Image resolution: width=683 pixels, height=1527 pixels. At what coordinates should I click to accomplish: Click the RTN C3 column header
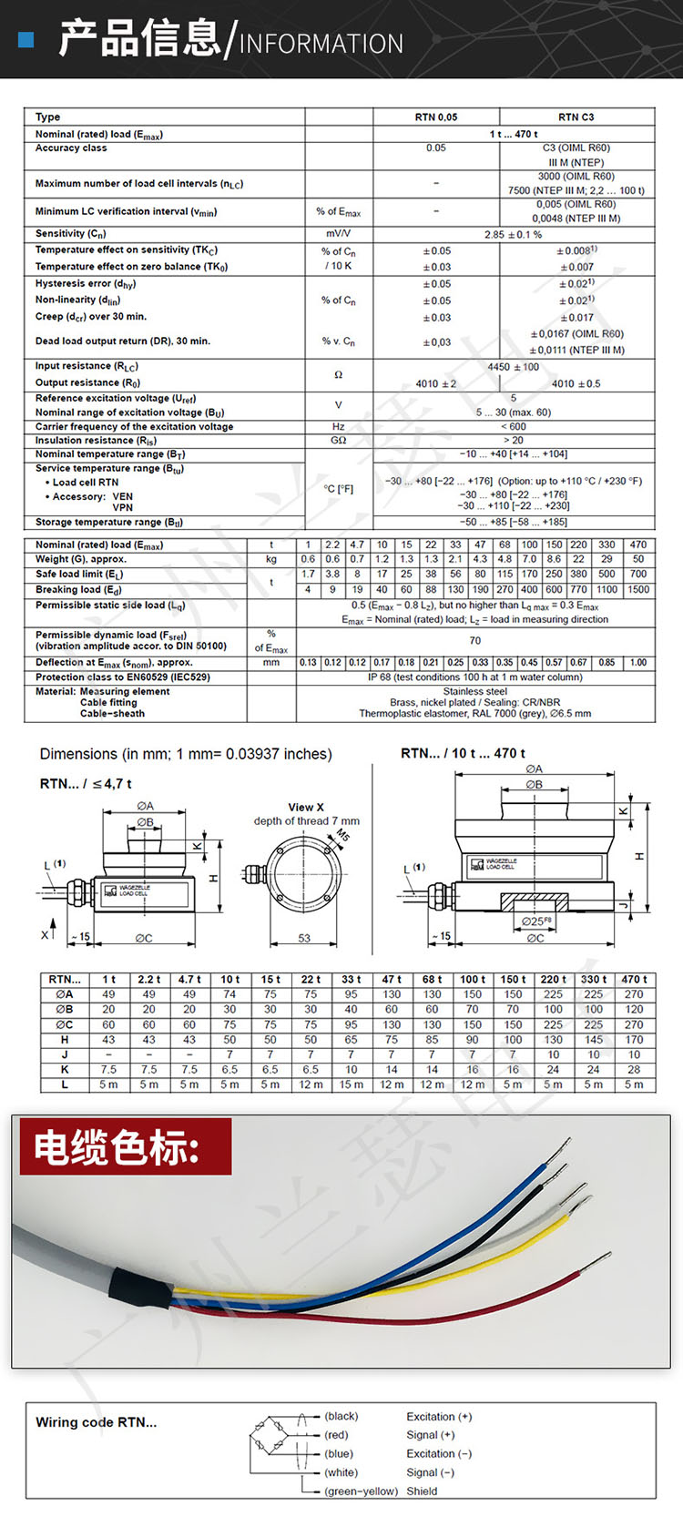tap(576, 117)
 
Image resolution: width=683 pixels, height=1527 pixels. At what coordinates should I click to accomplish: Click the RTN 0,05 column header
tap(436, 117)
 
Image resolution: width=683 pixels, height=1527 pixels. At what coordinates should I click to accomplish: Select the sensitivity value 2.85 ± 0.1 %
tap(513, 234)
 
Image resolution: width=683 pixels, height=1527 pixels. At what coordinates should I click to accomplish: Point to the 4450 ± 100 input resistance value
tap(513, 367)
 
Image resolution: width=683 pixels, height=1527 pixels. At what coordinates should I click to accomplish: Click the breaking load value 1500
tap(638, 590)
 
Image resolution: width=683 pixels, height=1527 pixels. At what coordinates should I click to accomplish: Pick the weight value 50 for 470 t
tap(638, 559)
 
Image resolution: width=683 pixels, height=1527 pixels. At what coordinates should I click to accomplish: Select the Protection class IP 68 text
tap(474, 677)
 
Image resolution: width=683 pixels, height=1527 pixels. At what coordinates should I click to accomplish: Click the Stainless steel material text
tap(474, 691)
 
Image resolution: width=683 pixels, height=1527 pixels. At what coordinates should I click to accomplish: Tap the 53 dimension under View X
tap(304, 938)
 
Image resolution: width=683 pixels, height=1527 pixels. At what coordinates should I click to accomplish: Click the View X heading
tap(306, 807)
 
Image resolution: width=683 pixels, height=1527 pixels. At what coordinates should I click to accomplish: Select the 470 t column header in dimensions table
tap(634, 980)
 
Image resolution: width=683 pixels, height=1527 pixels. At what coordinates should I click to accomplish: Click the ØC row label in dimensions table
tap(65, 1024)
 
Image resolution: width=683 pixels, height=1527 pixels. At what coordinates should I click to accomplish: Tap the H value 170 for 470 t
tap(634, 1040)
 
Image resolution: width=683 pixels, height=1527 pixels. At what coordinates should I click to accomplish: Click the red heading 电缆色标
tap(117, 1147)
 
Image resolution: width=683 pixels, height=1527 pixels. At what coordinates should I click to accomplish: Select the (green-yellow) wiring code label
tap(362, 1491)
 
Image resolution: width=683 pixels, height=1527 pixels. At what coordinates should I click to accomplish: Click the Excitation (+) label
tap(439, 1417)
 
